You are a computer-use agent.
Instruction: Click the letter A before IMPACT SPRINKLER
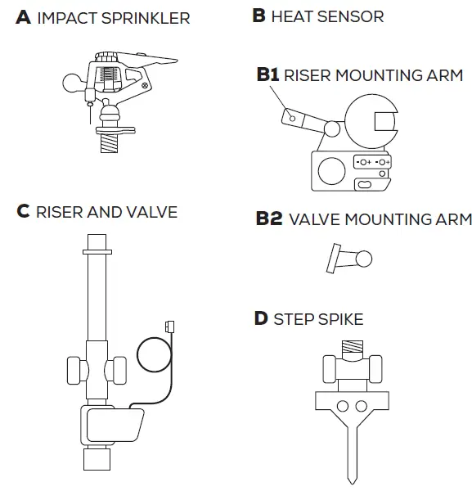click(23, 17)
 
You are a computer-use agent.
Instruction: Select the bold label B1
click(267, 75)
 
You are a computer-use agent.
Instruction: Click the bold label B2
click(269, 219)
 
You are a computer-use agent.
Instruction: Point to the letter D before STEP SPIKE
click(261, 318)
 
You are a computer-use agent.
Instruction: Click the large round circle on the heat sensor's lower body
click(331, 172)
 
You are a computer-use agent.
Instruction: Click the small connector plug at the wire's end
click(169, 325)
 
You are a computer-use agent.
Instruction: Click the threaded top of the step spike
click(353, 345)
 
